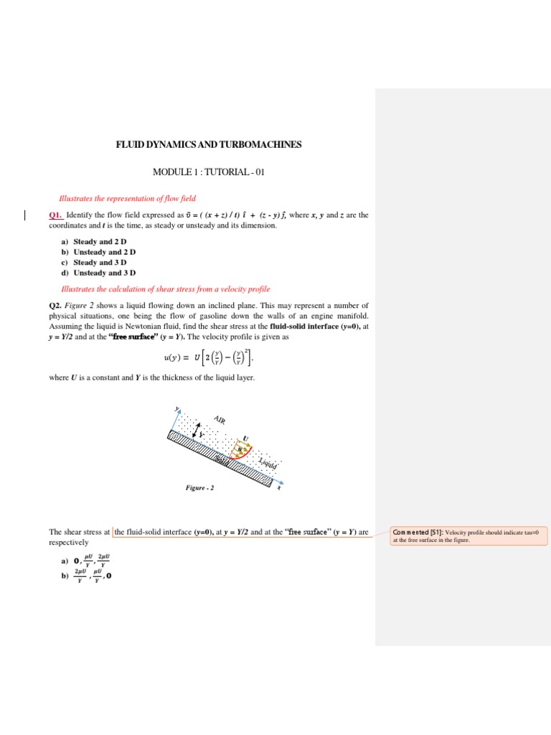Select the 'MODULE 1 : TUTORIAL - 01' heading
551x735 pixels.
[209, 172]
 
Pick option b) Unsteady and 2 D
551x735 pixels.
[104, 252]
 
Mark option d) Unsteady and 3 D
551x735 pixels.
[104, 273]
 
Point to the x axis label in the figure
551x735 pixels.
[279, 488]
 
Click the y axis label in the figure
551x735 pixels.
[176, 410]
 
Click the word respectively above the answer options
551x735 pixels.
[68, 543]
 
